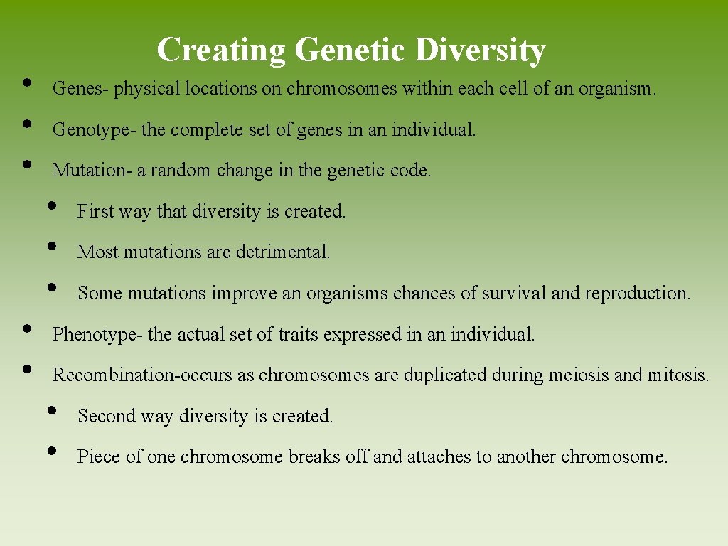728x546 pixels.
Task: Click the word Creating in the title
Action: point(220,50)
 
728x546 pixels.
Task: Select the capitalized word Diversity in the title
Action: point(480,50)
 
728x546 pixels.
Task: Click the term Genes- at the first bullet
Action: point(81,90)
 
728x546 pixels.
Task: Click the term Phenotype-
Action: point(99,334)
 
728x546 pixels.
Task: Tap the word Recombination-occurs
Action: point(143,375)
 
